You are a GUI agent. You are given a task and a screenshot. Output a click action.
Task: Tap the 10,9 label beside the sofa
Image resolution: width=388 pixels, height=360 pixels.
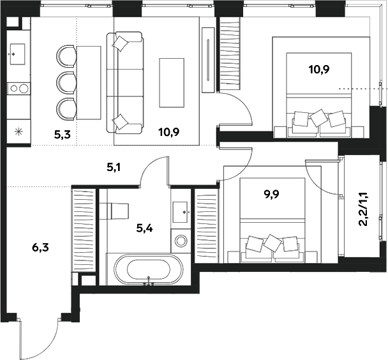pos(168,133)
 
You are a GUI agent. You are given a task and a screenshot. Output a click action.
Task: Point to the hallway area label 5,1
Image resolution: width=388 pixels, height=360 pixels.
pos(114,168)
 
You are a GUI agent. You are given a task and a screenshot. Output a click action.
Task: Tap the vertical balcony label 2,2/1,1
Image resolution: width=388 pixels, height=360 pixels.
pos(363,211)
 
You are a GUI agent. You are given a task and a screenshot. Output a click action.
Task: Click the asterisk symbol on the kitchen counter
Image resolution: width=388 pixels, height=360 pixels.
pos(18,132)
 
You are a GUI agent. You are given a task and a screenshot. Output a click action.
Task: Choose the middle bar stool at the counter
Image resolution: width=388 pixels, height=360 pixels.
pos(66,82)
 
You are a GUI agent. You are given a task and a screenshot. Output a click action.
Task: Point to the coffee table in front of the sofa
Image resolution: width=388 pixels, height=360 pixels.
pos(171,82)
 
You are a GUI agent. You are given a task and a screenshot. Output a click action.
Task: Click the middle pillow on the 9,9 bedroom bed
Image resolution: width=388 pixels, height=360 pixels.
pos(273,243)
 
